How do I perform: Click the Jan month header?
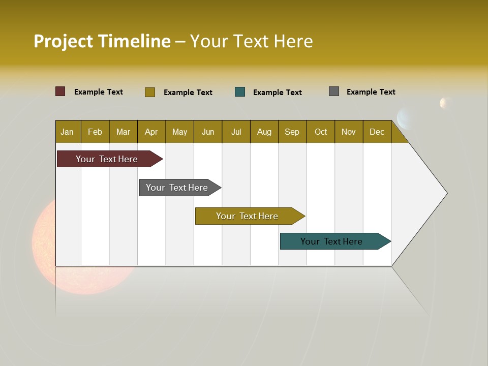[68, 132]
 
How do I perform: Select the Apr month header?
[151, 132]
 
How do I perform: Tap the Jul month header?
[236, 132]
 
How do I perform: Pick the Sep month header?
[292, 132]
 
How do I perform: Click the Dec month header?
[377, 132]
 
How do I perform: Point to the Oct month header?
[321, 132]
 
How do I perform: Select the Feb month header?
[95, 132]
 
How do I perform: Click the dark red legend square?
[60, 91]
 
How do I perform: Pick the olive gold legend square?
[149, 92]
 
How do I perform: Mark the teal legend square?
[240, 92]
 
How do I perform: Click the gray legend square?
[334, 91]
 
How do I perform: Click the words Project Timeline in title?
[102, 41]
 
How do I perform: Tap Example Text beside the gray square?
[371, 92]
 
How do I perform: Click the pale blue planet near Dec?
[405, 118]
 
